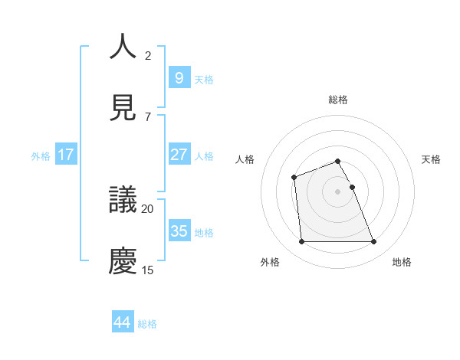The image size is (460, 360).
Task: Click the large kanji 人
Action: coord(123,47)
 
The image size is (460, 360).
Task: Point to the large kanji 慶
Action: coord(123,260)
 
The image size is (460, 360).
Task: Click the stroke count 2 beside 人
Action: coord(148,56)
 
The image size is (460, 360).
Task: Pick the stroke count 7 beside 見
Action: coord(148,117)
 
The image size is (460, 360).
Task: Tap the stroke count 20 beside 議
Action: coord(148,208)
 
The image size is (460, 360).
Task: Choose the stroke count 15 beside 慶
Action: coord(148,270)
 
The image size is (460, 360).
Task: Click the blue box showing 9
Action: coord(179,78)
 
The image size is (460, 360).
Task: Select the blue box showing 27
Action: coord(179,155)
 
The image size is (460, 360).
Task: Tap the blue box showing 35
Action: coord(179,231)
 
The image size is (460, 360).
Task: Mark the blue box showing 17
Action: coord(65,155)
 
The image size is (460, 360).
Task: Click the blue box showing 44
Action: coord(122,322)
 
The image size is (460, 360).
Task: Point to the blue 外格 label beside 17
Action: coord(41,156)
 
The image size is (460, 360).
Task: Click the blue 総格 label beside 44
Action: coord(147,324)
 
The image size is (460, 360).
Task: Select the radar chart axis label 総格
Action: coord(337,100)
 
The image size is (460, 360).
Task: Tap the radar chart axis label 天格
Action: coord(432,159)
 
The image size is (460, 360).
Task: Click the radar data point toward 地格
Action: coord(373,242)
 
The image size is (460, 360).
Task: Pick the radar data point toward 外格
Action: coord(301,242)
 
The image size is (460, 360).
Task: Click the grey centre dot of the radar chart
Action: coord(337,191)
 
